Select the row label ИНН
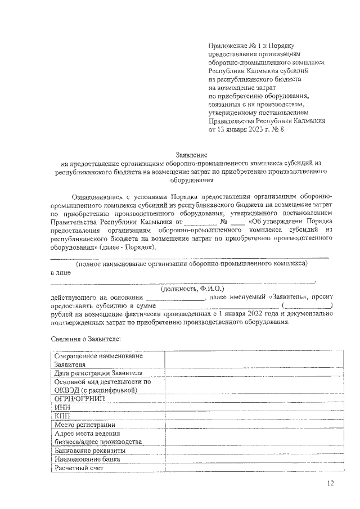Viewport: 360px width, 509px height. (62, 407)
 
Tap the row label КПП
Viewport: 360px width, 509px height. (62, 416)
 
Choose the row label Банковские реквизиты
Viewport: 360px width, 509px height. (91, 451)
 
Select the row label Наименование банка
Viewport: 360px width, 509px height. (87, 459)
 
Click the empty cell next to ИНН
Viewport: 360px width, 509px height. (253, 407)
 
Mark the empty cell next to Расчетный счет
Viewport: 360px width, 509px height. (253, 468)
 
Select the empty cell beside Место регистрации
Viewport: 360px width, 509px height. (253, 425)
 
